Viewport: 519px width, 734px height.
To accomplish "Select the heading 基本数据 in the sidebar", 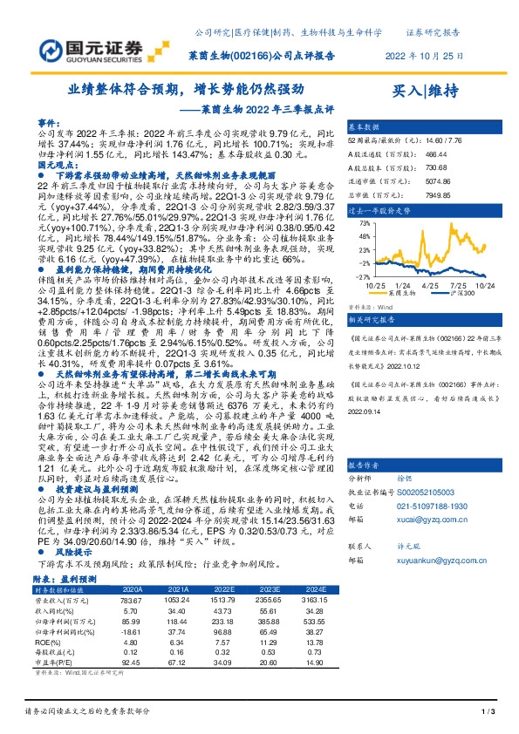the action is (367, 126).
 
